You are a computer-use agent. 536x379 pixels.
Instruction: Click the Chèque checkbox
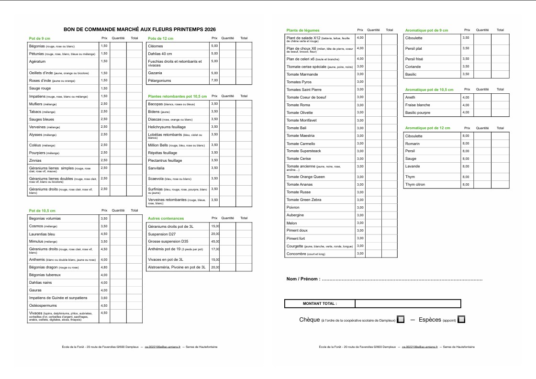click(x=401, y=319)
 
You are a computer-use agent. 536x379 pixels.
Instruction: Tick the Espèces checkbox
click(x=461, y=319)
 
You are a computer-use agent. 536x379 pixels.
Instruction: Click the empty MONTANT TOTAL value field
click(x=408, y=303)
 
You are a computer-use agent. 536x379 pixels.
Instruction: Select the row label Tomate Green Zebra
click(x=304, y=200)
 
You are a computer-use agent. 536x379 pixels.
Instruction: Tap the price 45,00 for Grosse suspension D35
click(x=215, y=241)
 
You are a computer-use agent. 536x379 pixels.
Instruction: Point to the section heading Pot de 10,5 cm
click(x=42, y=211)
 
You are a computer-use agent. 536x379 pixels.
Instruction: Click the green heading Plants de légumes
click(x=303, y=30)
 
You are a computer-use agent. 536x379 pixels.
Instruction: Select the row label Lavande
click(x=412, y=166)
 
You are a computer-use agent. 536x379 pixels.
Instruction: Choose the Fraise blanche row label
click(x=417, y=105)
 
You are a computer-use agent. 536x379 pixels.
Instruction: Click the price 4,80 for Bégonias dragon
click(x=104, y=267)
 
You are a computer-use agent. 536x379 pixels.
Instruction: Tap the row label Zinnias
click(x=35, y=160)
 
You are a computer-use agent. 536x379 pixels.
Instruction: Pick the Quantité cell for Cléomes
click(x=228, y=46)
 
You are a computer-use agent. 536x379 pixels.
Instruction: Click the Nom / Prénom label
click(x=302, y=279)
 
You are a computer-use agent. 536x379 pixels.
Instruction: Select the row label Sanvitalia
click(x=156, y=168)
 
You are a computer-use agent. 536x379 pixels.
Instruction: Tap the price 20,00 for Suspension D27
click(x=215, y=234)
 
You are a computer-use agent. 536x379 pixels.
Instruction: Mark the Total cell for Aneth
click(x=500, y=97)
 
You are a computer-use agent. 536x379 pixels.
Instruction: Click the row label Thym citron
click(x=415, y=184)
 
